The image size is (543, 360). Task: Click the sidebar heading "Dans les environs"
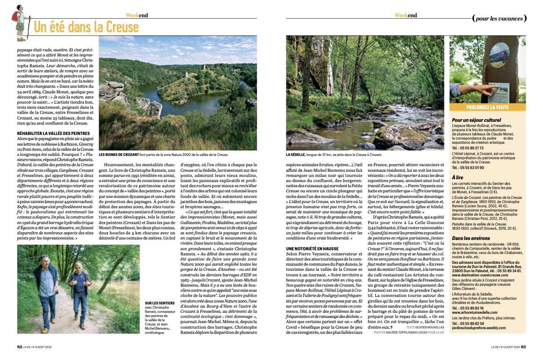473,239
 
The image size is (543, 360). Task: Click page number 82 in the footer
20,346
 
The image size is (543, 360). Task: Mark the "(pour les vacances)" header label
499,18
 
